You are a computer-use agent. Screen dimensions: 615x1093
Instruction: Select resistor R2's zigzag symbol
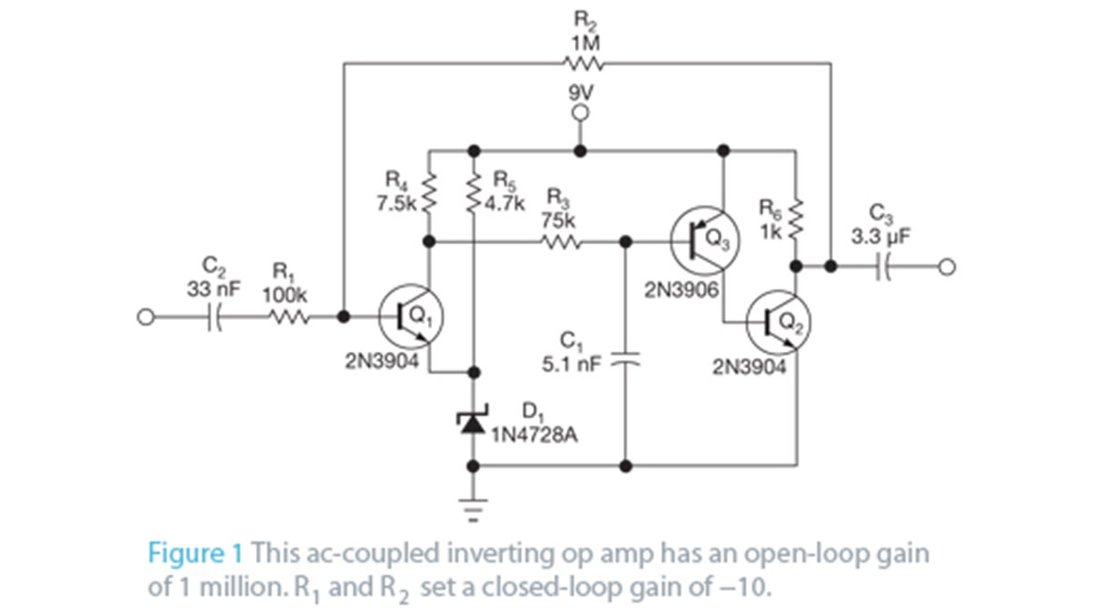coord(581,63)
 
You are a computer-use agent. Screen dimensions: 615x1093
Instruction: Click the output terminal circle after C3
coord(948,267)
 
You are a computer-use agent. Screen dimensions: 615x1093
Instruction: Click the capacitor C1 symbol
coord(625,360)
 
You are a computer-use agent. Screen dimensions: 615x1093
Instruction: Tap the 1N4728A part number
coord(535,436)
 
